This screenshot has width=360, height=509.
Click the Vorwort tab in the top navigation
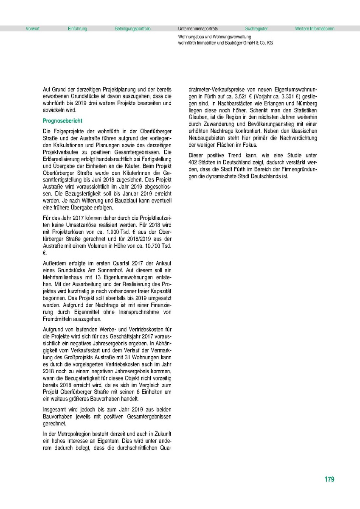[x=33, y=29]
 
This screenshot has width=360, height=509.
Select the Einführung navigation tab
[x=77, y=29]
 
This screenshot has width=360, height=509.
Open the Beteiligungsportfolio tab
[x=132, y=29]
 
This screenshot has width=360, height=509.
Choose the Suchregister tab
[x=256, y=29]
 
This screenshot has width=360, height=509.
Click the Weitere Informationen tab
[x=315, y=29]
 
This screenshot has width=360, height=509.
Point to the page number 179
[x=329, y=479]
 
